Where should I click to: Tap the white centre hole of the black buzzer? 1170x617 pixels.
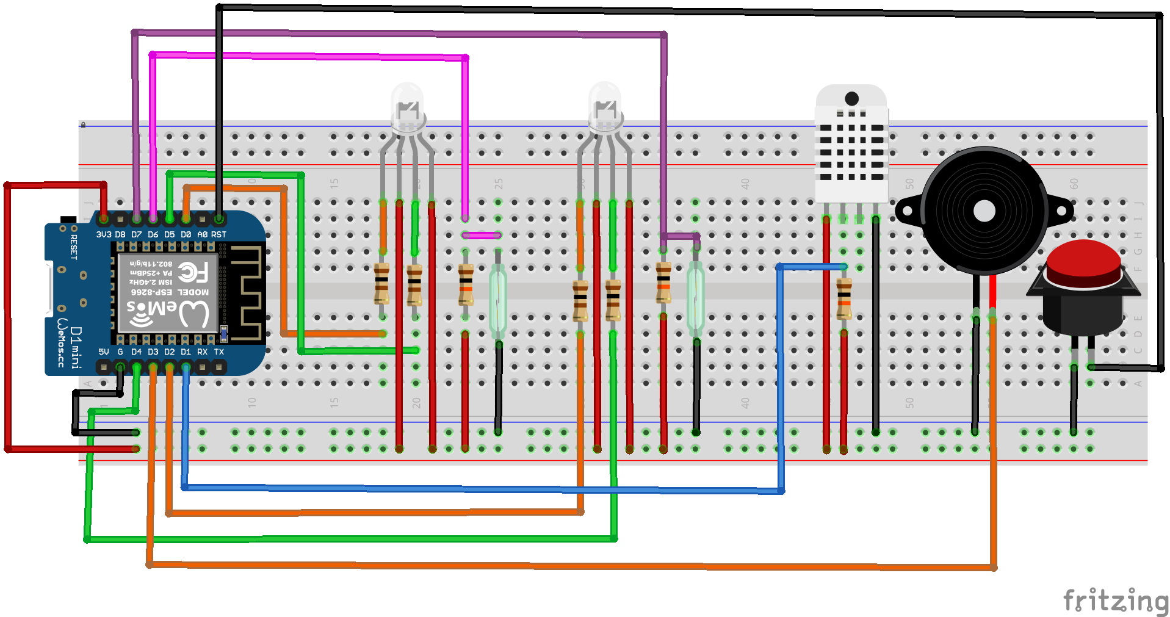pos(984,211)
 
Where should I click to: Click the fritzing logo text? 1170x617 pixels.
pos(1115,601)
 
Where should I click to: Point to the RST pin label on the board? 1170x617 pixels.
pos(218,234)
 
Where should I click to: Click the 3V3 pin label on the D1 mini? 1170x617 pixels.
pos(104,234)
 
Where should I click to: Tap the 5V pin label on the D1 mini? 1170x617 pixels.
pos(104,352)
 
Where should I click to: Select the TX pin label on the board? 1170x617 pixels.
pos(218,352)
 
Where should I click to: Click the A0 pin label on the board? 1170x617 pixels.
pos(202,234)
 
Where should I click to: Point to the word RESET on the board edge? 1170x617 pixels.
pos(74,247)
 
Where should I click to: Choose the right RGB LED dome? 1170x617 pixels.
pos(605,105)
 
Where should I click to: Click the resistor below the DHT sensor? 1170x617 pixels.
pos(844,299)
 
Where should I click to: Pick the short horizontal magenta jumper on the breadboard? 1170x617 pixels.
pos(482,235)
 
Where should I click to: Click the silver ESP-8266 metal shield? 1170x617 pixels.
pos(168,293)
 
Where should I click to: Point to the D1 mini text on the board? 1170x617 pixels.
pos(76,347)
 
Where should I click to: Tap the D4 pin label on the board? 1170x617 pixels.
pos(136,352)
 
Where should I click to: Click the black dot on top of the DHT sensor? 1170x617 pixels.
pos(852,98)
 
